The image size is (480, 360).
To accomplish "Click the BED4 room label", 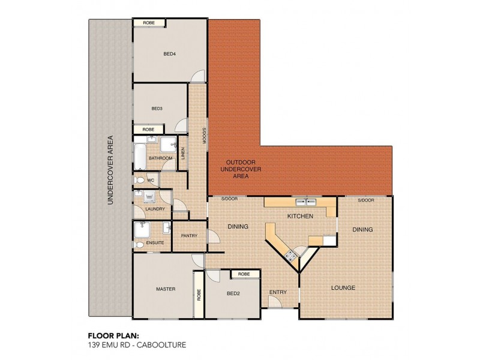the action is coord(169,54).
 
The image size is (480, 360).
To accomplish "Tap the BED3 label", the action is coord(157,109).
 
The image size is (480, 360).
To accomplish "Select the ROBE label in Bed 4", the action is coord(149,23).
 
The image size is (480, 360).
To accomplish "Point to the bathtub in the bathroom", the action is coord(140,157).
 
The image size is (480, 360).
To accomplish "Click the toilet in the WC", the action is coord(139,180).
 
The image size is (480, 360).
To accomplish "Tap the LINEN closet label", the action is coord(183,154).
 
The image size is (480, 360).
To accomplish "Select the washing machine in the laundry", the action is coord(149,197).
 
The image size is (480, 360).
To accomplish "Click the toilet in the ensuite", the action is coord(139,245).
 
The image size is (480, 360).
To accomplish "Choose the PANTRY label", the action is coord(189,236).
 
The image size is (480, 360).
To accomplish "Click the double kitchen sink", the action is coord(306,202).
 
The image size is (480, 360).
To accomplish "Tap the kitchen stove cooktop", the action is coord(290,255).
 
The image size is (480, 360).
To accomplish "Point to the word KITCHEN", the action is coord(301,216).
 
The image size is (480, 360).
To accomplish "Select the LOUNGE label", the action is coord(343,288).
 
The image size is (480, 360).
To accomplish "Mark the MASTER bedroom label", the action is coord(166,289).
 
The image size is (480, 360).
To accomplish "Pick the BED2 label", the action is coord(233,293).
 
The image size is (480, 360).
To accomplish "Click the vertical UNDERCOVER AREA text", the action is coord(110,170).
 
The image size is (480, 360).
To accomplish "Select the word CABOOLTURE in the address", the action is coord(161,345).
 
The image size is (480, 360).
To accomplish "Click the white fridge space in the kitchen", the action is coord(329,241).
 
